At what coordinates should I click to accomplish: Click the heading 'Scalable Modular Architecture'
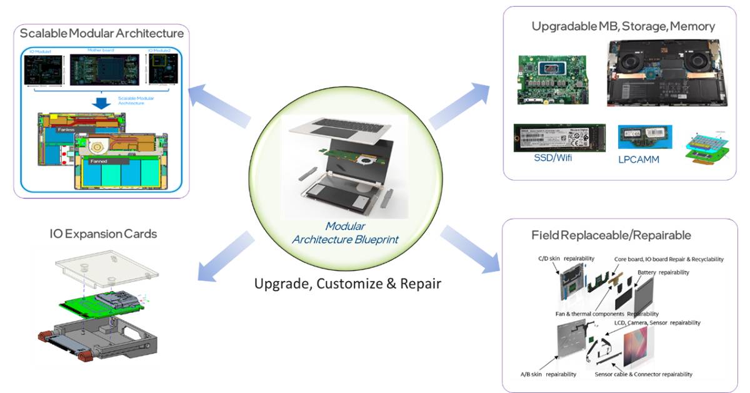[x=102, y=33]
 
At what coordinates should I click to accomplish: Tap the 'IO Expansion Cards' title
[x=103, y=233]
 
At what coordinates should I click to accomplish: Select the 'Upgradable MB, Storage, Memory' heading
[x=623, y=26]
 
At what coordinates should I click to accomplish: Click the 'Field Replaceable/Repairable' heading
[x=611, y=235]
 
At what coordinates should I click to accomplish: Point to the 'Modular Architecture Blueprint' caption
[x=346, y=232]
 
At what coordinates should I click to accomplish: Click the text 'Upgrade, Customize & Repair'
[x=347, y=283]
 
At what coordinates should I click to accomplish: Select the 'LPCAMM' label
[x=639, y=159]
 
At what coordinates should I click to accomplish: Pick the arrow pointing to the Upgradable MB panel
[x=459, y=104]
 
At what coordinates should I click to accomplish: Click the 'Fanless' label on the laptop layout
[x=66, y=130]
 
